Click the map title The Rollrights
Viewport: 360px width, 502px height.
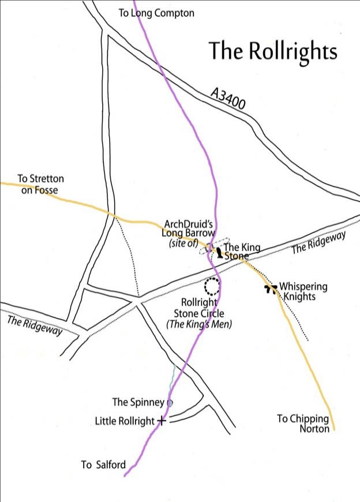point(272,51)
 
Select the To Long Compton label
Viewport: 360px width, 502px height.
point(156,13)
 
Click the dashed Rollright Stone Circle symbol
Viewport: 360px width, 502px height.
point(212,285)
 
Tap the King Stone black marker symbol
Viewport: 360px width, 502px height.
point(219,252)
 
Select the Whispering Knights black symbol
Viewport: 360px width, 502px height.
point(269,288)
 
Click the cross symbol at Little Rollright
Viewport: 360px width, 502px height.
point(162,421)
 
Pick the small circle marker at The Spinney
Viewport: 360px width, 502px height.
point(170,403)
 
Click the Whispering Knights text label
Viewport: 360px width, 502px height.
point(303,291)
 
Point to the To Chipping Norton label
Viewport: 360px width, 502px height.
point(303,424)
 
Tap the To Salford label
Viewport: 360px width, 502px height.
point(103,464)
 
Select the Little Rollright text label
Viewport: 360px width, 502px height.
point(125,421)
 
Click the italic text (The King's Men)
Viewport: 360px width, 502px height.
point(198,324)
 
